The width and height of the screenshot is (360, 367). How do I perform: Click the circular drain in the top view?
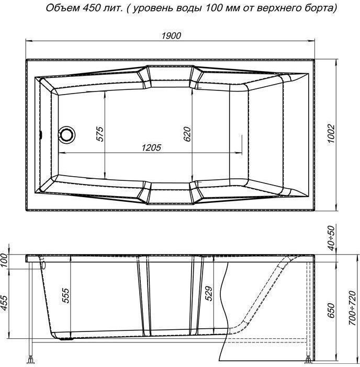pos(66,134)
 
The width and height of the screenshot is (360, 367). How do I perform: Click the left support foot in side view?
pos(31,360)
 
